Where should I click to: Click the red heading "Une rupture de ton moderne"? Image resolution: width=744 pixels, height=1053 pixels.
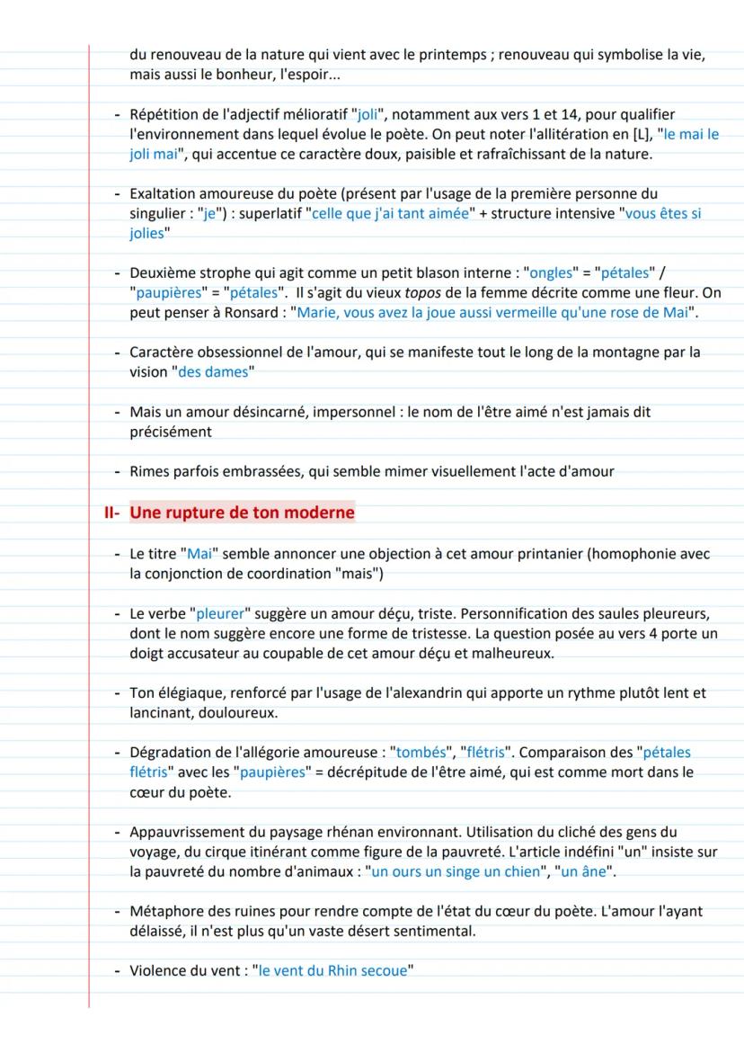pos(243,513)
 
